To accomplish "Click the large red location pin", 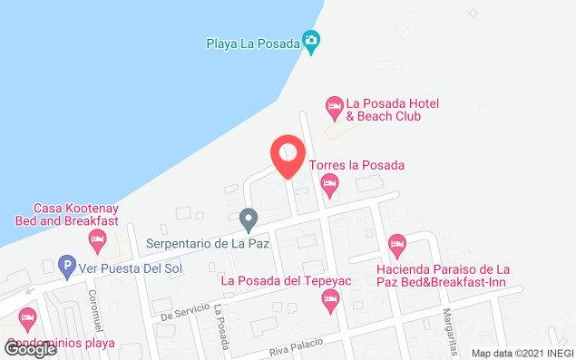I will point(288,154).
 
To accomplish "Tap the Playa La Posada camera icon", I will point(312,39).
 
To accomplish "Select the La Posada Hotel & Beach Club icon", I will point(334,105).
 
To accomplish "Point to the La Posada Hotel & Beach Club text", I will point(386,111).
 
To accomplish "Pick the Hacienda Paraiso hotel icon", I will point(395,244).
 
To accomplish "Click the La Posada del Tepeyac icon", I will point(330,297).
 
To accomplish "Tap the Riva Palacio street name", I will point(295,348).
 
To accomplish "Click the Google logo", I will point(30,348).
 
